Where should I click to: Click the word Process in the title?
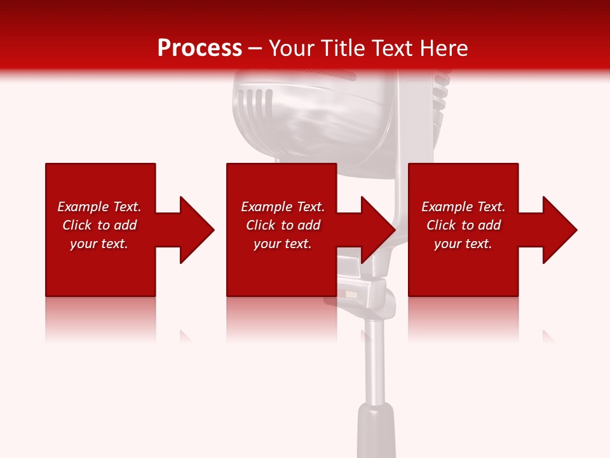pos(200,48)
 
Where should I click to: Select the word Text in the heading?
pos(392,48)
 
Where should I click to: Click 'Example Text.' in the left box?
pos(99,207)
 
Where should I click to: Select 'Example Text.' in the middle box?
pos(283,207)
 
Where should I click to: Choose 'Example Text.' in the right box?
pos(463,207)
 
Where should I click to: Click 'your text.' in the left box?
pos(99,244)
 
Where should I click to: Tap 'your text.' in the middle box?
pos(283,244)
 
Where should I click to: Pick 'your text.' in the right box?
pos(463,244)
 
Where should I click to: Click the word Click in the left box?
pos(78,225)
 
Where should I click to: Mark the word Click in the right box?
pos(442,225)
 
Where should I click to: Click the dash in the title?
pos(255,48)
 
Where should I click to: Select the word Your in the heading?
pos(292,48)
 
